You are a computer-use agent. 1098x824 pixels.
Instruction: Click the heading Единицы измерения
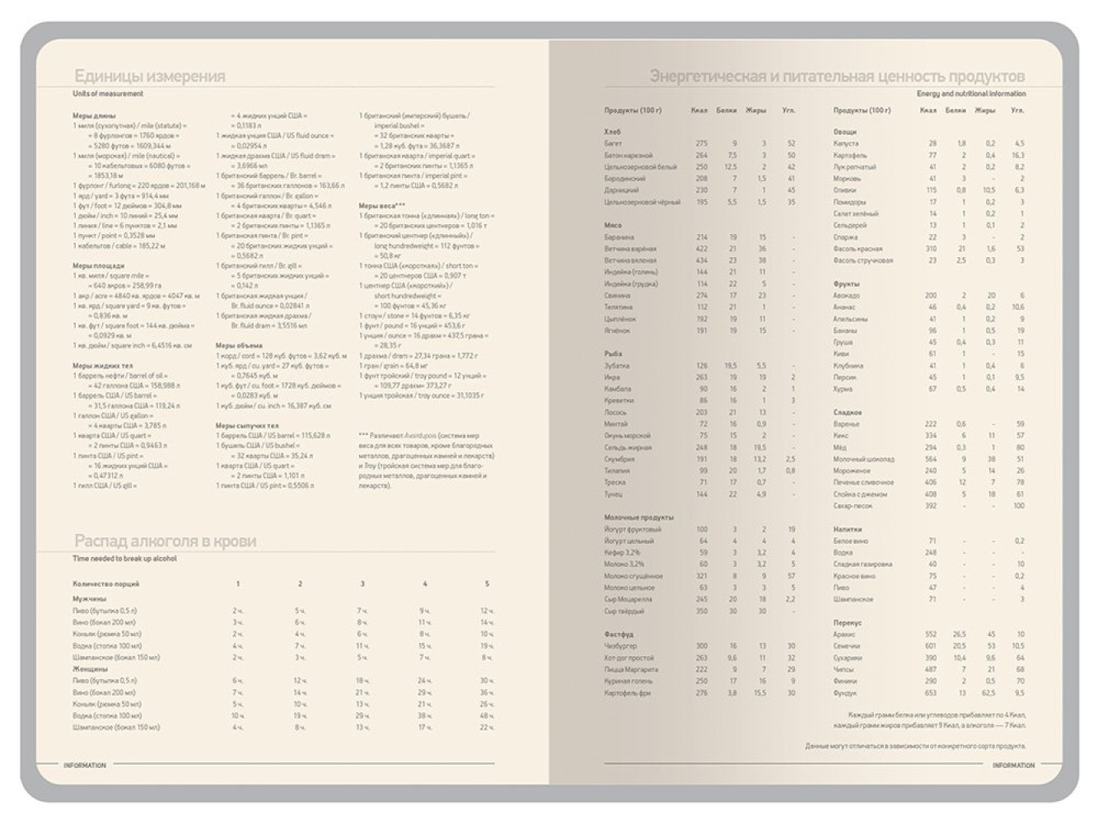click(x=149, y=77)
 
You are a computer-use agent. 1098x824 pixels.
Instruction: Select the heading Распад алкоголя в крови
click(x=165, y=541)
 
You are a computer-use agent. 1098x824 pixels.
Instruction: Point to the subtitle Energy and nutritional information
click(x=971, y=94)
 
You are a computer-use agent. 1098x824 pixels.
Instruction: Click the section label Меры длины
click(x=94, y=115)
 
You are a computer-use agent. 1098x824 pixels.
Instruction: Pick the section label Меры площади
click(x=98, y=266)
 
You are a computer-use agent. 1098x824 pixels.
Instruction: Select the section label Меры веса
click(x=381, y=206)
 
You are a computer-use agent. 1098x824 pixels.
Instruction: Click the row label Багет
click(x=613, y=143)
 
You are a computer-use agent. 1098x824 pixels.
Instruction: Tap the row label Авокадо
click(x=846, y=295)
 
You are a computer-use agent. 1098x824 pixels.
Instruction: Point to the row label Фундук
click(x=845, y=692)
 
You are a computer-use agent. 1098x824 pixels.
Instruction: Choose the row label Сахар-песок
click(x=852, y=505)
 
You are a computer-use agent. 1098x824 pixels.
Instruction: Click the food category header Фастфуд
click(x=619, y=634)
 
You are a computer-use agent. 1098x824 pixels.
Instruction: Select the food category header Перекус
click(x=848, y=622)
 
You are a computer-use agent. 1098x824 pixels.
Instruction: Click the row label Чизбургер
click(x=620, y=646)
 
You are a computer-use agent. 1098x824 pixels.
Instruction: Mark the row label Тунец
click(x=614, y=494)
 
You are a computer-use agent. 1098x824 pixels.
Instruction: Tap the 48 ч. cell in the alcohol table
click(x=486, y=716)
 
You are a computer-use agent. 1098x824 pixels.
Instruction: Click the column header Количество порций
click(x=106, y=583)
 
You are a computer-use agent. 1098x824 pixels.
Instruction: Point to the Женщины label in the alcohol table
click(x=91, y=669)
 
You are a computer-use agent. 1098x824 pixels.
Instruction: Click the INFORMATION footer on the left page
click(x=85, y=765)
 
